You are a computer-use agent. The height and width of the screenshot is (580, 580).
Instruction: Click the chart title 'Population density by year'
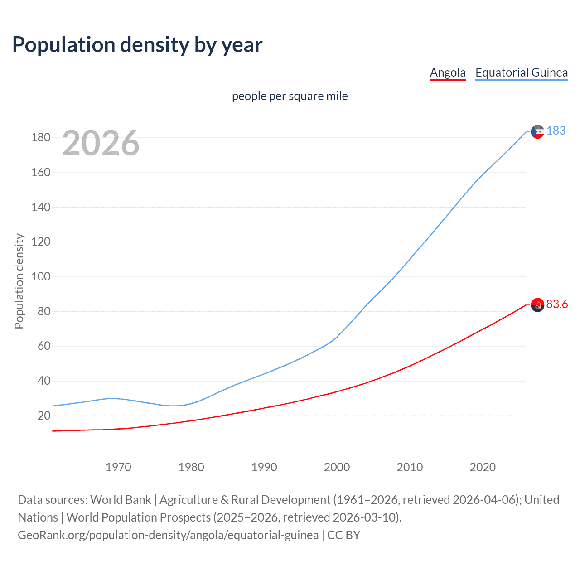(137, 45)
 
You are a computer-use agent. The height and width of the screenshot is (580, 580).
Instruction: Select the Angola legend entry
(448, 72)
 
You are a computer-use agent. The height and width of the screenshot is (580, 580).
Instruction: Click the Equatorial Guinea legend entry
(521, 72)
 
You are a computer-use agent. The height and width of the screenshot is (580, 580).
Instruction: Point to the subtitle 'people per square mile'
(290, 96)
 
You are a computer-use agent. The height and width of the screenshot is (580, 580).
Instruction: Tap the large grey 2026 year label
(101, 143)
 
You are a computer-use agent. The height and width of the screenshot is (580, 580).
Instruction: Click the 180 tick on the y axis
(41, 137)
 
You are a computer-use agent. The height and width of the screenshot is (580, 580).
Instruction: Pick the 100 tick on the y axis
(41, 276)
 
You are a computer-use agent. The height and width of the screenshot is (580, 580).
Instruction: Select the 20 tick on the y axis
(44, 416)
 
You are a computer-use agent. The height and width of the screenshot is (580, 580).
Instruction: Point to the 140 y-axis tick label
(41, 207)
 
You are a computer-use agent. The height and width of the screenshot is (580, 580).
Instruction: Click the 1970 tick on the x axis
(118, 467)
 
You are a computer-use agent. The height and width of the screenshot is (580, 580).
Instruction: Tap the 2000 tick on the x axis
(337, 467)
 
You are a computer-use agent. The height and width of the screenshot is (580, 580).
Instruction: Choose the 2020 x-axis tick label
(483, 467)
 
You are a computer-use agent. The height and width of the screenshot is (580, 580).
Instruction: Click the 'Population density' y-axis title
(19, 281)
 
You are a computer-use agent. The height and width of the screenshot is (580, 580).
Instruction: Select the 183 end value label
(556, 130)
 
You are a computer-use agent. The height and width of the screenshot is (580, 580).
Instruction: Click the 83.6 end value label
(557, 304)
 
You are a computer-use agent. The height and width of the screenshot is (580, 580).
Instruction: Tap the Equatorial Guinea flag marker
(537, 131)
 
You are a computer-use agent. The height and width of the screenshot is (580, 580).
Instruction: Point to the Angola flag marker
(537, 305)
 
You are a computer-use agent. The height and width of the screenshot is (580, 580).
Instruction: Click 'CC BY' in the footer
(343, 535)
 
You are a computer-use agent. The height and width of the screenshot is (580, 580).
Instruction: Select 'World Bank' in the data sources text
(121, 500)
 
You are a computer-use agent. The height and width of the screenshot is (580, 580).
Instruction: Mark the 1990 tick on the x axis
(264, 467)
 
